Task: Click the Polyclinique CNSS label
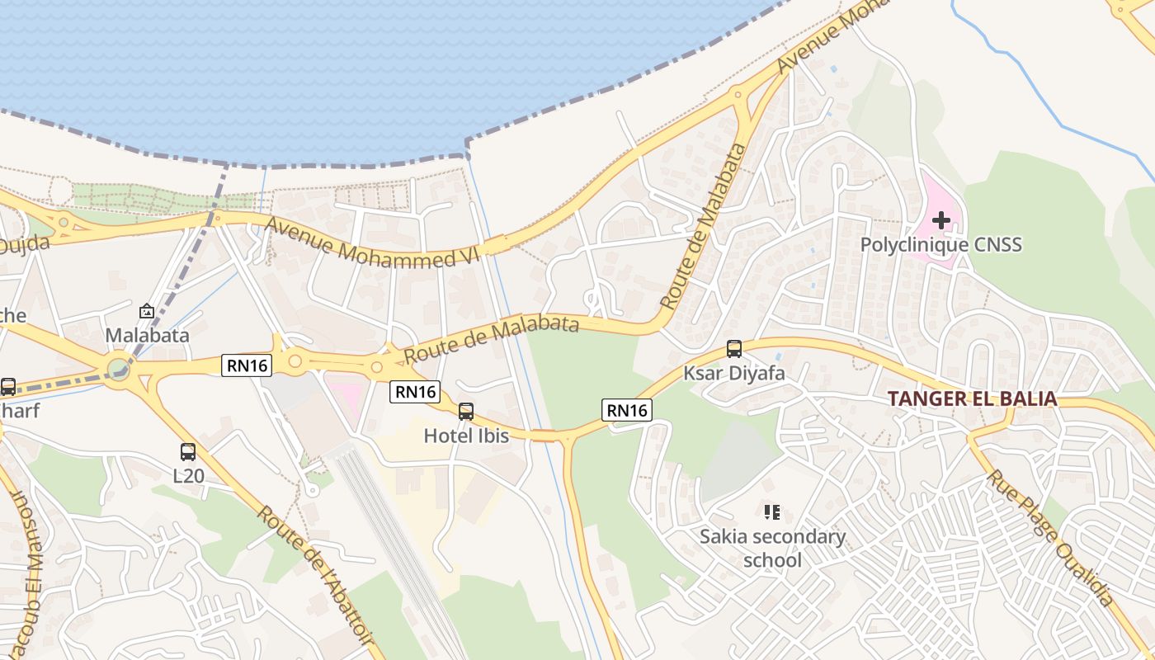pyautogui.click(x=940, y=244)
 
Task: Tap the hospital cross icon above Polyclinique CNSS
pyautogui.click(x=940, y=220)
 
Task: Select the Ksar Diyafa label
pyautogui.click(x=733, y=373)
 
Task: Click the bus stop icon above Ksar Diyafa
pyautogui.click(x=734, y=349)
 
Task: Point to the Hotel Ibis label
pyautogui.click(x=466, y=435)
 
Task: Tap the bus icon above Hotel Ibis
pyautogui.click(x=466, y=411)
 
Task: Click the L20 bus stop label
pyautogui.click(x=188, y=475)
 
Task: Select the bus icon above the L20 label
pyautogui.click(x=188, y=452)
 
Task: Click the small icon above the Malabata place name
pyautogui.click(x=147, y=311)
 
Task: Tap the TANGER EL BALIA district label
pyautogui.click(x=972, y=399)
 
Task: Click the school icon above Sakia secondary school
pyautogui.click(x=772, y=512)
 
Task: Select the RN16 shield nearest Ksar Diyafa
pyautogui.click(x=627, y=410)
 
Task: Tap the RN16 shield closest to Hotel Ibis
pyautogui.click(x=415, y=392)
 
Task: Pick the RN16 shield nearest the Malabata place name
pyautogui.click(x=247, y=365)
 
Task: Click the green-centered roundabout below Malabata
pyautogui.click(x=119, y=367)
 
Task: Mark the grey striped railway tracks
pyautogui.click(x=396, y=536)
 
